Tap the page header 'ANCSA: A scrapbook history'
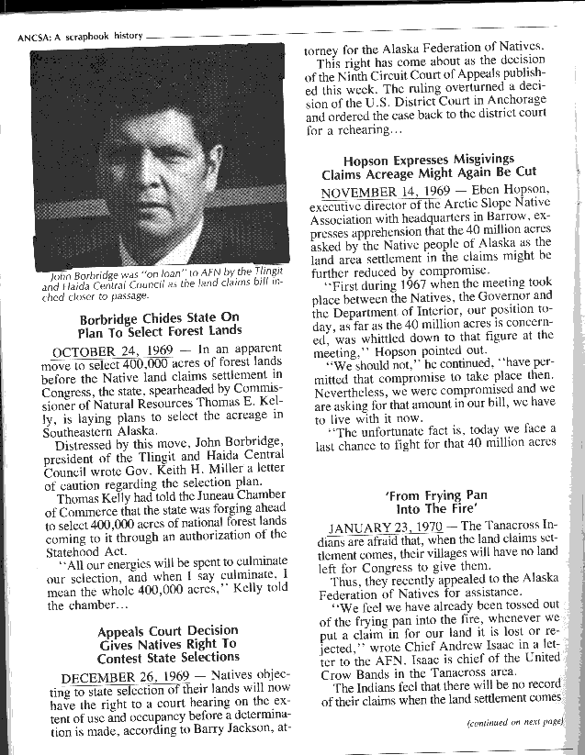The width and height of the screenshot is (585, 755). tap(81, 36)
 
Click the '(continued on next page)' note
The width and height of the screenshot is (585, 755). tap(514, 723)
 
